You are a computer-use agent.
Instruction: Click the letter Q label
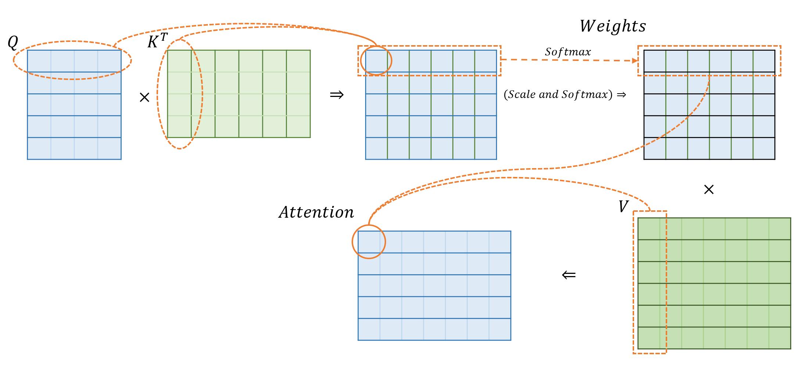point(12,43)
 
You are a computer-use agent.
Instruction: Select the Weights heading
point(613,26)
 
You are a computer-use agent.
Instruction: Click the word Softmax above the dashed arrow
point(568,52)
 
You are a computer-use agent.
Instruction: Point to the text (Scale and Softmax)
point(558,94)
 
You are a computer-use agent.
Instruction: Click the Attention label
point(316,212)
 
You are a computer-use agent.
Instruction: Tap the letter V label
point(623,207)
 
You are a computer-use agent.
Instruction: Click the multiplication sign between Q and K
point(144,97)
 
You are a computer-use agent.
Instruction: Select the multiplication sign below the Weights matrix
point(708,189)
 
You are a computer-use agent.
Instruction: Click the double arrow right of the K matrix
point(337,95)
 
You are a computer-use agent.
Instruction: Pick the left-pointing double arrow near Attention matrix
point(569,275)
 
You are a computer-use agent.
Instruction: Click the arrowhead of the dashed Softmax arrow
point(635,61)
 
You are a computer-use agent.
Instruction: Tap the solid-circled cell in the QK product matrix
point(376,61)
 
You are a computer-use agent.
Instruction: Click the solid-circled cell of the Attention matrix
point(369,242)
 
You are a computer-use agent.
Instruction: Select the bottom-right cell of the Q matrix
point(109,148)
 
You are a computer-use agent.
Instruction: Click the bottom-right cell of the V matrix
point(780,338)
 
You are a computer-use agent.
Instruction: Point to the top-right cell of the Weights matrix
point(764,61)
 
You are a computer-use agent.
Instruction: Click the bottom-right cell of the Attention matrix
point(500,329)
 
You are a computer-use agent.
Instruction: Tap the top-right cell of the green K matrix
point(298,61)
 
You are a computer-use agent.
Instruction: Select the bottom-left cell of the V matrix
point(649,338)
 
